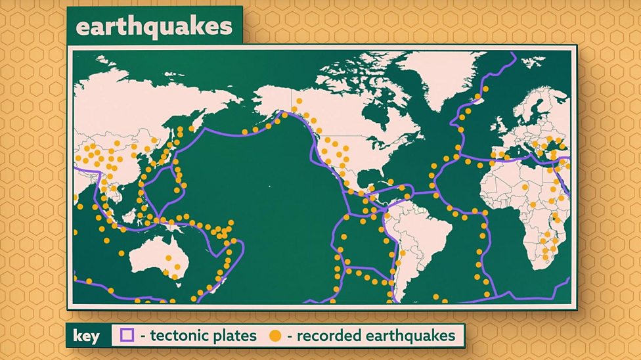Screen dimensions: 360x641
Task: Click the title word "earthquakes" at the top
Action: click(x=154, y=27)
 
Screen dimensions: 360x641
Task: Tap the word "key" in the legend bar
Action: click(x=87, y=336)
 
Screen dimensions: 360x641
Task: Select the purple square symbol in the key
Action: click(x=127, y=336)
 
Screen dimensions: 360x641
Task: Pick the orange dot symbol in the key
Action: click(x=275, y=336)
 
